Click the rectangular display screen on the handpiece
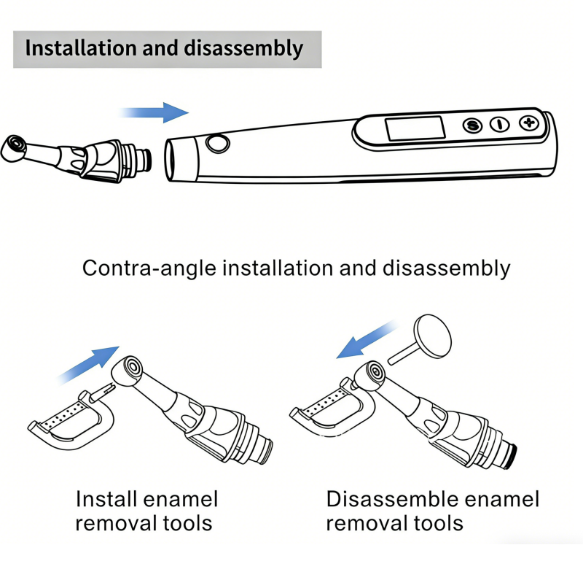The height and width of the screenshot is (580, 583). tap(415, 128)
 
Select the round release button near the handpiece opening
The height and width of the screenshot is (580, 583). tap(216, 143)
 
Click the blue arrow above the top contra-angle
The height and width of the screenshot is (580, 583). tap(155, 112)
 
